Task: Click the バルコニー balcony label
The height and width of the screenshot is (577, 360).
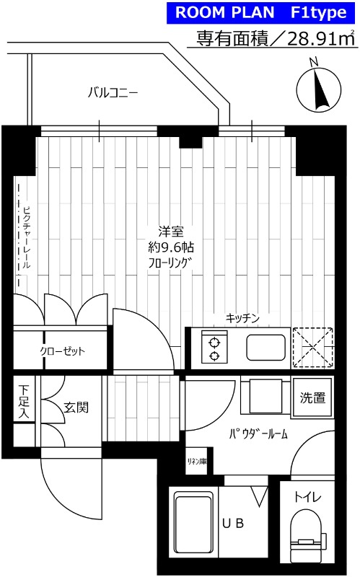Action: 113,92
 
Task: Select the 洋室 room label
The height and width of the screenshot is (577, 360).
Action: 171,232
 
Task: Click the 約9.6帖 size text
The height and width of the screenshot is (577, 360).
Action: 171,247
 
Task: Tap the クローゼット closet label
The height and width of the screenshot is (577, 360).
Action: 62,351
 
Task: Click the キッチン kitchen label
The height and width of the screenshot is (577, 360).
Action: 242,318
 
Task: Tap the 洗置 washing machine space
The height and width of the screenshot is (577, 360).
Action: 312,397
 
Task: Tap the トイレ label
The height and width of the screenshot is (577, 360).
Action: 307,497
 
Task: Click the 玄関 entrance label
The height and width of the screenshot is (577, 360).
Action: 76,408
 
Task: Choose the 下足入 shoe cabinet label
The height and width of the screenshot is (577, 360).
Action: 23,402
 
